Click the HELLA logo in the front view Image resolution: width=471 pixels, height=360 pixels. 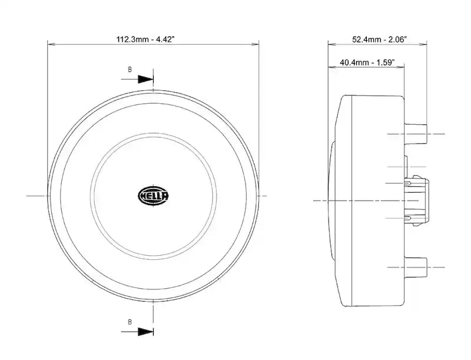click(x=153, y=196)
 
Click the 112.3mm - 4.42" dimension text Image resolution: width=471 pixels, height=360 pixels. click(x=145, y=39)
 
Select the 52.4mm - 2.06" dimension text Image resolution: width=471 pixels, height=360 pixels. click(x=379, y=39)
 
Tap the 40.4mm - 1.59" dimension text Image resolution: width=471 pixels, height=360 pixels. click(x=367, y=62)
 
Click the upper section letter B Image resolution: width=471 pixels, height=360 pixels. click(x=130, y=70)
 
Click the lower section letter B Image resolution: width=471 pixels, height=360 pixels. click(x=130, y=322)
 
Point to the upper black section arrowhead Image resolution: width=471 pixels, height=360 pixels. click(x=145, y=80)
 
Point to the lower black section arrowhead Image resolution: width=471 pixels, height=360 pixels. click(x=145, y=332)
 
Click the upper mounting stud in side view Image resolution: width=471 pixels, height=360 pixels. click(x=416, y=134)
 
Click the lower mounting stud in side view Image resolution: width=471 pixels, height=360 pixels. click(x=416, y=267)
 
